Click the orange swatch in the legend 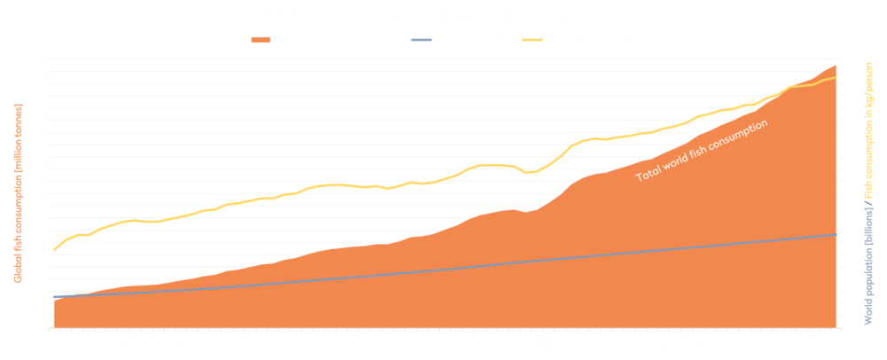click(x=260, y=40)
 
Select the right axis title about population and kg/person click(x=874, y=192)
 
